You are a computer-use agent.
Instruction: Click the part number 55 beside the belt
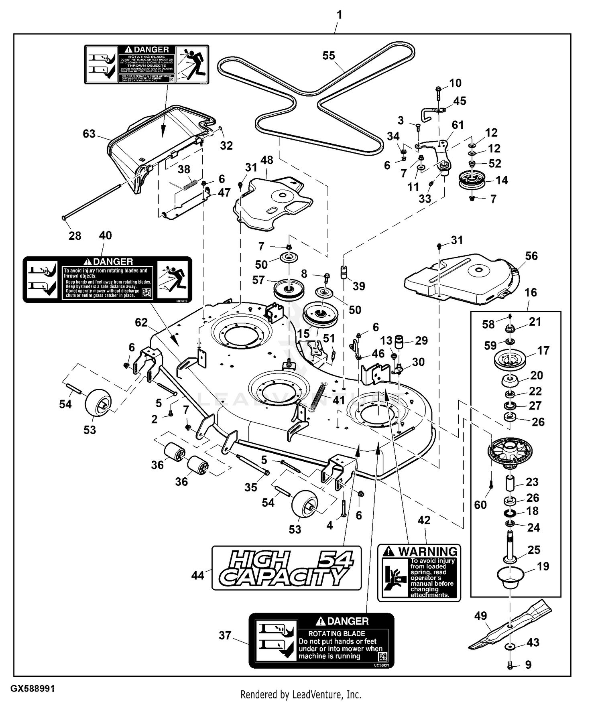point(329,56)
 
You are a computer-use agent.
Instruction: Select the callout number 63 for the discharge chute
point(89,134)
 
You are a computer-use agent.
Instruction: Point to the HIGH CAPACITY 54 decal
point(287,568)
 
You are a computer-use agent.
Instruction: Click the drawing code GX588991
point(33,689)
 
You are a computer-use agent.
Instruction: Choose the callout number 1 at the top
point(339,15)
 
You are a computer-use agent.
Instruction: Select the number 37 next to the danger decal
point(225,635)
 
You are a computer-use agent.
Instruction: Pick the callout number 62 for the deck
point(141,323)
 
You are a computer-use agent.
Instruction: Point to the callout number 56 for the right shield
point(531,256)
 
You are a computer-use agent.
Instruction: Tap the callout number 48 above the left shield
point(267,160)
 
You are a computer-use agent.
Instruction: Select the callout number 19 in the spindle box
point(543,566)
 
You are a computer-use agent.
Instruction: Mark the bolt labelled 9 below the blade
point(510,665)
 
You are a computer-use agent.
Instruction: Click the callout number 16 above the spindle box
point(531,292)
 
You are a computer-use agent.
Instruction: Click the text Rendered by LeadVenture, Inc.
point(301,694)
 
